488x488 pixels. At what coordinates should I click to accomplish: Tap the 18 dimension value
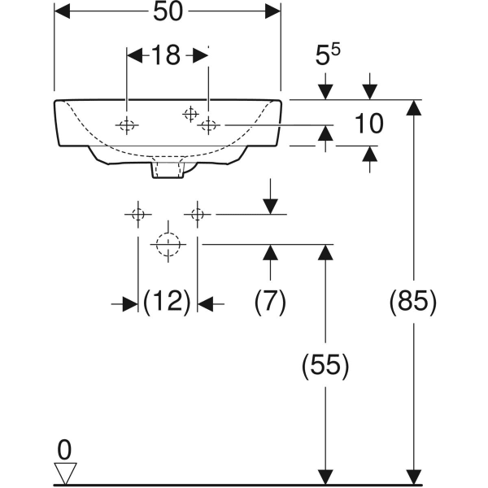coord(166,55)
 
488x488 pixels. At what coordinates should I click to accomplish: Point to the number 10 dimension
coord(369,124)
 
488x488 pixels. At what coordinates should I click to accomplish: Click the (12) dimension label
coord(167,303)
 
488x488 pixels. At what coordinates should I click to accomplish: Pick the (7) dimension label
coord(270,303)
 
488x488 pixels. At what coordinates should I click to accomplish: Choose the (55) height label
coord(326,367)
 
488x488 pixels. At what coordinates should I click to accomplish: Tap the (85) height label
coord(415,303)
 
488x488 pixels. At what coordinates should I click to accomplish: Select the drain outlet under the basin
coord(168,169)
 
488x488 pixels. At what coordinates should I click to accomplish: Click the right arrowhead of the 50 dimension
coord(274,11)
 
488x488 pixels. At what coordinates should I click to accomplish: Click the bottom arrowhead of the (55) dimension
coord(326,476)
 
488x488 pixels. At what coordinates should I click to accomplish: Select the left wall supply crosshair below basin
coord(137,214)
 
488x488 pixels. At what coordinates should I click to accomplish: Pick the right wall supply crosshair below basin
coord(197,214)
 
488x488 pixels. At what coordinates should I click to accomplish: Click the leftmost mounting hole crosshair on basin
coord(127,125)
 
